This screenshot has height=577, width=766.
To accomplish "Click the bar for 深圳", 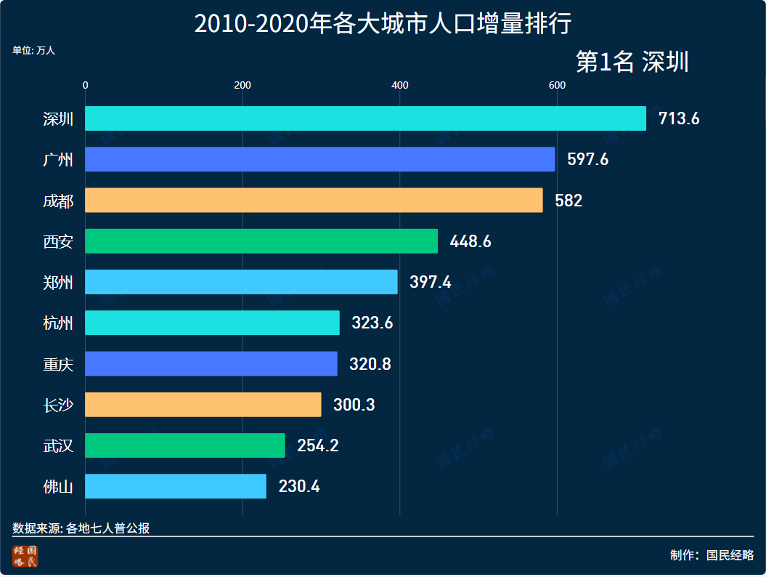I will click(x=365, y=118).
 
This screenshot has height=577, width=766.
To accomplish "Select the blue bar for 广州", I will click(x=319, y=159).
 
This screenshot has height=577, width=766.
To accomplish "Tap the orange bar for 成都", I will click(x=314, y=200).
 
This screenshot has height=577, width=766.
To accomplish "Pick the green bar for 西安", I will click(x=261, y=241).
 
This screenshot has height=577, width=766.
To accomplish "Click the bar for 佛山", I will click(x=176, y=486).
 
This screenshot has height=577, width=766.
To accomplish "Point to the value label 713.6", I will click(x=678, y=119).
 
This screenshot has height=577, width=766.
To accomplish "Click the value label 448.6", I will click(x=470, y=241).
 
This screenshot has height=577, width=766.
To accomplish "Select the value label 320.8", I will click(x=370, y=364).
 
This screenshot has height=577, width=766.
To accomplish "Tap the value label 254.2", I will click(x=317, y=445).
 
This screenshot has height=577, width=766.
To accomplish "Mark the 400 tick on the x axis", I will click(x=399, y=86).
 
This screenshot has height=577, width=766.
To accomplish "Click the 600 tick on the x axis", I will click(x=557, y=86).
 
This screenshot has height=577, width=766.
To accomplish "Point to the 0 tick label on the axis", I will click(x=86, y=86).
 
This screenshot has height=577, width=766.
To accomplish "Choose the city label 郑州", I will click(x=58, y=282).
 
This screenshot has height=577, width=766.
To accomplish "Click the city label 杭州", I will click(x=58, y=323).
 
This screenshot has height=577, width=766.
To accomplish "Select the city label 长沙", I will click(x=58, y=405).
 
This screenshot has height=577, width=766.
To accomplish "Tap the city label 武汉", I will click(x=58, y=445).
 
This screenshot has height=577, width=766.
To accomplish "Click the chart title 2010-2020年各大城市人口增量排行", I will click(x=383, y=24).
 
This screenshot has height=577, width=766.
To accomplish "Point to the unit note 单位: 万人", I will click(x=33, y=51).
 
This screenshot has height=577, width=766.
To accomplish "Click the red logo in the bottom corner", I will click(x=25, y=556).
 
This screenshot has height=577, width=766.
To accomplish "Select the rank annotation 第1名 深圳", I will click(x=632, y=62).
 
